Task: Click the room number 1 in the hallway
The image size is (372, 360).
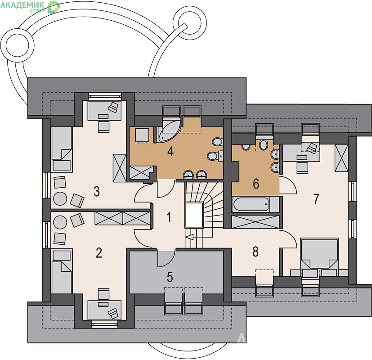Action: point(169,216)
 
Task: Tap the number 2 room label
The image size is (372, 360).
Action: point(99,252)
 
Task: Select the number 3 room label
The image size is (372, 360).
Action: point(97,191)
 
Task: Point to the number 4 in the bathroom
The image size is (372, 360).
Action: point(170,151)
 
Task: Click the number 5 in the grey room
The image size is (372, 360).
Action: point(170,277)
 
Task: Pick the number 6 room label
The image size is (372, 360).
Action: point(256,184)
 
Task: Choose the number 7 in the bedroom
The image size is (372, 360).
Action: point(316,199)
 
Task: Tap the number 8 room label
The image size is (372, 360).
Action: point(255,252)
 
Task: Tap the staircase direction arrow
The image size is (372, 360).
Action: point(190,237)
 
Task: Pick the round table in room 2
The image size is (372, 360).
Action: point(60,222)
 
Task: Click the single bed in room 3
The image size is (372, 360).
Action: point(62,149)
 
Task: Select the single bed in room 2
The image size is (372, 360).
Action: point(62,271)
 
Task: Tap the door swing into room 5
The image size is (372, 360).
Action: point(166,258)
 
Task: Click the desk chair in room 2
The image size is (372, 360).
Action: point(103,294)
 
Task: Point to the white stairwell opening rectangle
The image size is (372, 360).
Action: point(194,215)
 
